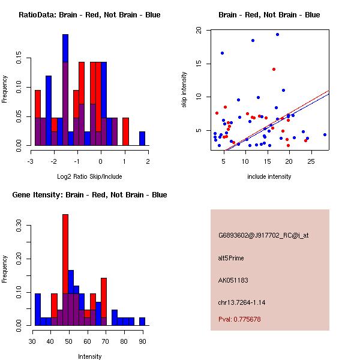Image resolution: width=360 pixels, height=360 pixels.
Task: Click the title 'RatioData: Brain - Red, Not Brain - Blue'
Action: pos(89,15)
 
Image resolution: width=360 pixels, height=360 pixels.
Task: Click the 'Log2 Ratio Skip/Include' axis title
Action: pos(89,176)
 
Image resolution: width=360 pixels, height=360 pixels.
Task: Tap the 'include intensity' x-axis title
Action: pos(269,176)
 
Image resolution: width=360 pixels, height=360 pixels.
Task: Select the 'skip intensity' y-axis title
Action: pos(184,90)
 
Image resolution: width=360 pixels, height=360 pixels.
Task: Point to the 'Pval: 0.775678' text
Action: pos(239,319)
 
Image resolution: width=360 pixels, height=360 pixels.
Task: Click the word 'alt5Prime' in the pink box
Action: pos(231,258)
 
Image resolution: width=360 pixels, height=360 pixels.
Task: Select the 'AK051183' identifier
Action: pos(233,280)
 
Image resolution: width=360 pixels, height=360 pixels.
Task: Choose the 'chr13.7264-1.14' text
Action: pos(242,302)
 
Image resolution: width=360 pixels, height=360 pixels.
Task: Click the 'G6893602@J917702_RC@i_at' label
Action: pos(263,236)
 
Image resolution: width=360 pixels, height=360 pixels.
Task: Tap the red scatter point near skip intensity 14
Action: pos(274,70)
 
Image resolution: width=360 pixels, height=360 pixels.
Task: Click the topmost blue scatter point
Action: pos(277,35)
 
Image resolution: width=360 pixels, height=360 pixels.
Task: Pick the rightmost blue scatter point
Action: pos(325,135)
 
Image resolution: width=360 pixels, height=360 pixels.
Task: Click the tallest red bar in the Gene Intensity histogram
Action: pos(65,254)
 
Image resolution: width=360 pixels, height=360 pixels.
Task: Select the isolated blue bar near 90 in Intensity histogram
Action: pos(142,322)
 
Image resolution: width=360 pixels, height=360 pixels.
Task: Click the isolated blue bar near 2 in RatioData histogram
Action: pos(142,139)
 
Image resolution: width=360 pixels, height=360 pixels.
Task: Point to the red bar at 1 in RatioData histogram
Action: pos(125,131)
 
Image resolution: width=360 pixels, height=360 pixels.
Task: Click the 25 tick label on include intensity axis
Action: pos(311,161)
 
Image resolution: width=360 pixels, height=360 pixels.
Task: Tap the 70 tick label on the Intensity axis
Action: pos(106,341)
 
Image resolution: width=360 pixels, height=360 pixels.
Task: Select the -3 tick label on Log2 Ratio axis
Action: pos(31,161)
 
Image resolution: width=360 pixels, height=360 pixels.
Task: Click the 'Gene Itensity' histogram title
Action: pos(89,195)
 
